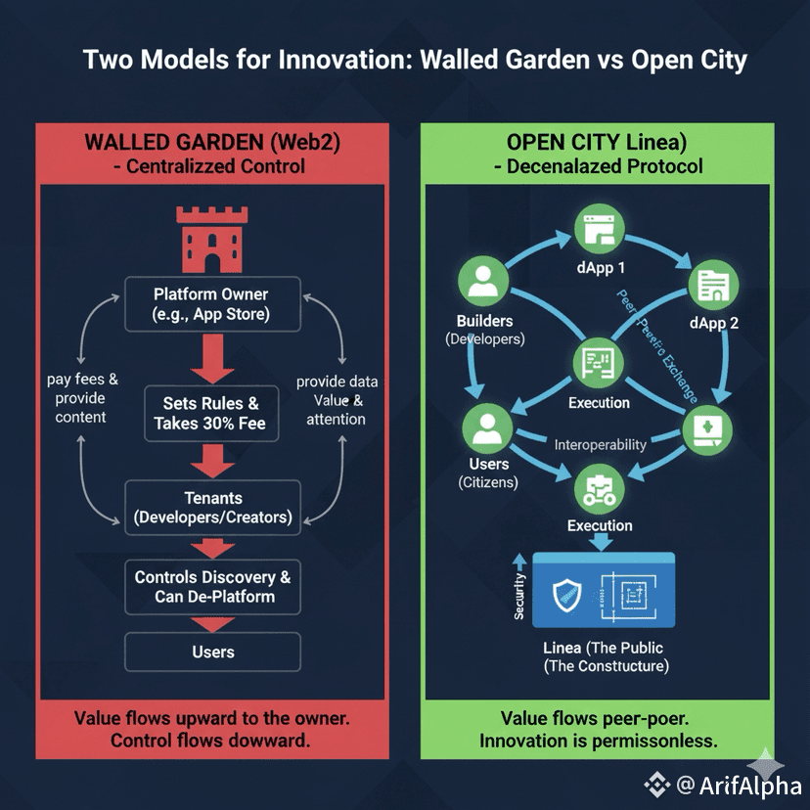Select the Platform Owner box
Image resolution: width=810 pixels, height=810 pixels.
pyautogui.click(x=210, y=304)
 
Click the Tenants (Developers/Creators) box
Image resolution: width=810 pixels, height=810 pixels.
pyautogui.click(x=210, y=506)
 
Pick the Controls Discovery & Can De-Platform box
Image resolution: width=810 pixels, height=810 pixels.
pyautogui.click(x=212, y=586)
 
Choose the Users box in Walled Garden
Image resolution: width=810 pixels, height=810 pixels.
pyautogui.click(x=212, y=652)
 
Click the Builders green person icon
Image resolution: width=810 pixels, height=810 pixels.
pyautogui.click(x=483, y=282)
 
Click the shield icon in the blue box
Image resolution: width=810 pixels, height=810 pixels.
pyautogui.click(x=568, y=595)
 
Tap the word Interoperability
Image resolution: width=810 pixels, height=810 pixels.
pyautogui.click(x=601, y=444)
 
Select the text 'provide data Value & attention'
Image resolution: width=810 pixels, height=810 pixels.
pyautogui.click(x=337, y=400)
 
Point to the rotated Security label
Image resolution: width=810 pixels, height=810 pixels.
pyautogui.click(x=519, y=595)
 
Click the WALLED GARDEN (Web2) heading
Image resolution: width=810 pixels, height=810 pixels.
pyautogui.click(x=212, y=141)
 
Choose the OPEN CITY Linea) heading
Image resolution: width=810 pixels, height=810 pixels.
pyautogui.click(x=598, y=141)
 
